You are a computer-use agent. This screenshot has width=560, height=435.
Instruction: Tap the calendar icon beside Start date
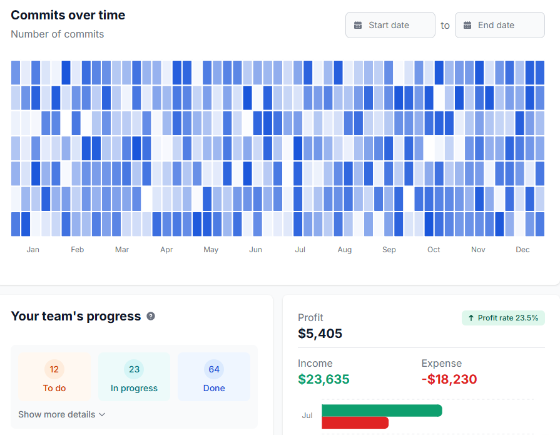[x=358, y=25]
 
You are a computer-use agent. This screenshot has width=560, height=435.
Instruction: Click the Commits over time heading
[x=68, y=15]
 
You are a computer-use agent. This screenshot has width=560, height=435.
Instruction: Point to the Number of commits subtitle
[x=57, y=34]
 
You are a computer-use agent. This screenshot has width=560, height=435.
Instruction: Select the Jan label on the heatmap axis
[x=33, y=250]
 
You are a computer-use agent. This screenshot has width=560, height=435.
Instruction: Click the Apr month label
[x=166, y=250]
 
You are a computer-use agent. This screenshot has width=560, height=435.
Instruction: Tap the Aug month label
[x=345, y=250]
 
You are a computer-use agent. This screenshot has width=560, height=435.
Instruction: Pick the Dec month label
[x=522, y=250]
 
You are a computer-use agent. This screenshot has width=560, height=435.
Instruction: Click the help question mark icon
[x=151, y=316]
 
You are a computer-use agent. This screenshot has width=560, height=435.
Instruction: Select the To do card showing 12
[x=54, y=377]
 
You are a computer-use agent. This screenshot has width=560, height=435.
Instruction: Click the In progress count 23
[x=134, y=369]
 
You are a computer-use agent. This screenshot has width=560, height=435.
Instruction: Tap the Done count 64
[x=214, y=369]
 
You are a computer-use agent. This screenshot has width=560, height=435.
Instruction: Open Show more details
[x=61, y=414]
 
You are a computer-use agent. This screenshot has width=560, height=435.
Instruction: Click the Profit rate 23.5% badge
[x=503, y=318]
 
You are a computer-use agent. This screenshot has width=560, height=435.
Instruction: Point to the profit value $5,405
[x=320, y=334]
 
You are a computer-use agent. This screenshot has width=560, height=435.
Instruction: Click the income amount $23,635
[x=323, y=379]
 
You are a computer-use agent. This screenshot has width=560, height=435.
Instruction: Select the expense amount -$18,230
[x=449, y=379]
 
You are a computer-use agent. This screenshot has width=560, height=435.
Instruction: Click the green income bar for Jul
[x=382, y=411]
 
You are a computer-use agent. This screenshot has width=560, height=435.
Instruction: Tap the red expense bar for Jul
[x=355, y=423]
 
